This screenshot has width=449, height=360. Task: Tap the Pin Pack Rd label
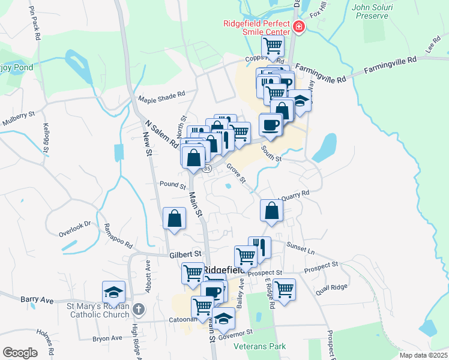pos(34,25)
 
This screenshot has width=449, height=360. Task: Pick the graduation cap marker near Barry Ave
pos(113,292)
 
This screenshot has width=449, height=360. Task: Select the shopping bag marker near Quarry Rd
pos(271,211)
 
